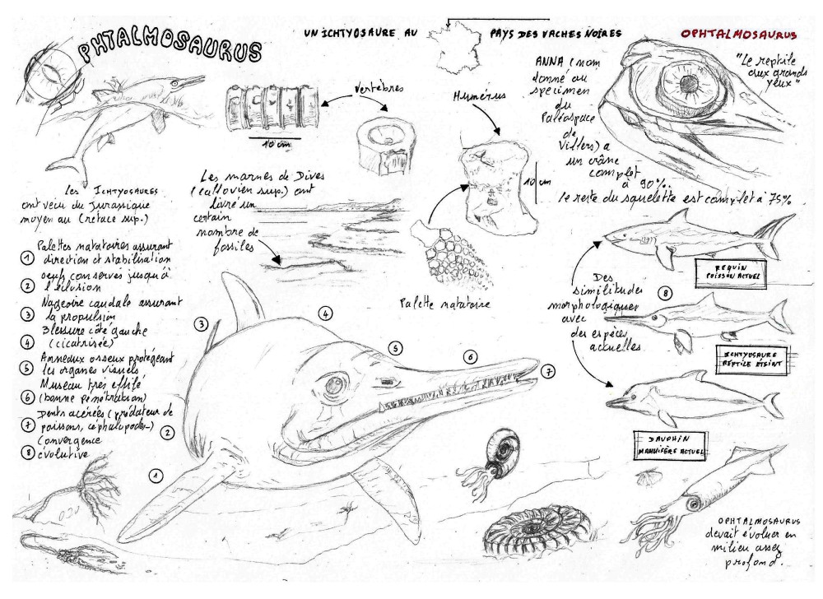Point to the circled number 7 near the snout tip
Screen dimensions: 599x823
[x=549, y=372]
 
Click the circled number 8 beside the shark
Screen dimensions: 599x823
[x=664, y=292]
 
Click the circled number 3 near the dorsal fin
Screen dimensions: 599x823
[x=201, y=323]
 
